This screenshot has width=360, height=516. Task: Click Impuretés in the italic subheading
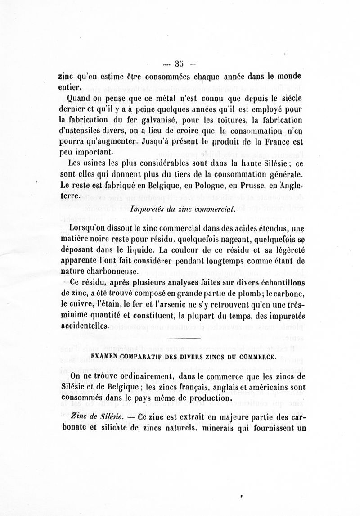pyautogui.click(x=147, y=208)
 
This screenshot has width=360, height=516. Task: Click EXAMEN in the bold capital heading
pyautogui.click(x=107, y=355)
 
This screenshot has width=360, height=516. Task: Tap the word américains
pyautogui.click(x=264, y=387)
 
